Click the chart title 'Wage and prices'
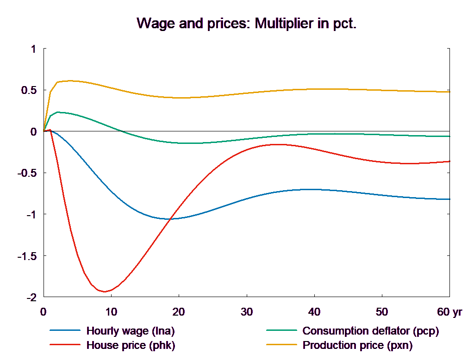coord(247,24)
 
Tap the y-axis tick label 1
coord(32,49)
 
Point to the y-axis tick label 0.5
coord(28,90)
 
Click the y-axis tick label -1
coord(31,215)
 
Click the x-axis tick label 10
coord(111,312)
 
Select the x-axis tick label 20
coord(179,312)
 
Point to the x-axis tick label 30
coord(246,312)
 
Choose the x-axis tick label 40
coord(314,312)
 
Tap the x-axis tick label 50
coord(381,312)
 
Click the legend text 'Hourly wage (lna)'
coord(131,331)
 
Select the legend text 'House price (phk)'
coord(131,345)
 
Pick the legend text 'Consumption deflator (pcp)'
coord(370,331)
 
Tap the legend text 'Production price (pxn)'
coord(357,345)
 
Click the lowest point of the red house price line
coord(105,292)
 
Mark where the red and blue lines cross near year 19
coord(171,218)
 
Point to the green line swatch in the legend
coord(281,331)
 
